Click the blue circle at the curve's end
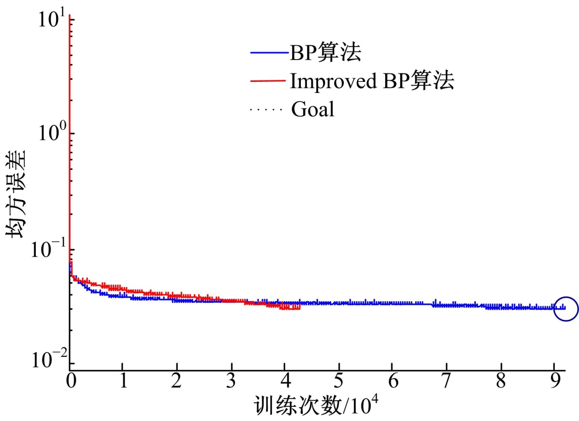pos(565,308)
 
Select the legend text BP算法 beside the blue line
pos(325,53)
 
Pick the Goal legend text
pos(312,109)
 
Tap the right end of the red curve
pos(300,307)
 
